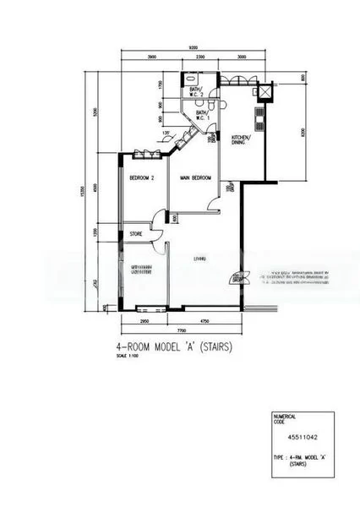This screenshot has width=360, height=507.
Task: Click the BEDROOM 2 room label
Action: click(x=140, y=178)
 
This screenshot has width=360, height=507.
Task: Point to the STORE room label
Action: click(x=136, y=234)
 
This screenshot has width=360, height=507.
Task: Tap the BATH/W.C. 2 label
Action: click(x=196, y=91)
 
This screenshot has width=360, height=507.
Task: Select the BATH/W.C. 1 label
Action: click(x=203, y=115)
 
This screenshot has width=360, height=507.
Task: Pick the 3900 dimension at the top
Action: click(x=151, y=57)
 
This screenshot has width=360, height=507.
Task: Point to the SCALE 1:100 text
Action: click(x=128, y=356)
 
